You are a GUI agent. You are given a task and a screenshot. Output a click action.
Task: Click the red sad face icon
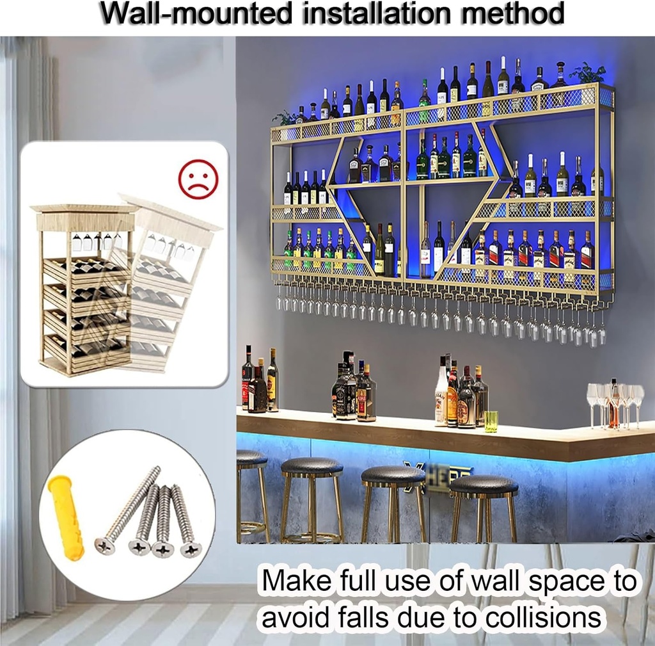click(198, 179)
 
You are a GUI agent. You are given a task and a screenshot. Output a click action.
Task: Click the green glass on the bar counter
click(491, 421)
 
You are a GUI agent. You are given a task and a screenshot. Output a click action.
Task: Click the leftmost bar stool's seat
click(251, 458)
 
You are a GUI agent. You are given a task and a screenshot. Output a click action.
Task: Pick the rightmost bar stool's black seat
click(484, 485)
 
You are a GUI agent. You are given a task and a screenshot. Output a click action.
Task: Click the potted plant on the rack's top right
click(588, 74)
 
